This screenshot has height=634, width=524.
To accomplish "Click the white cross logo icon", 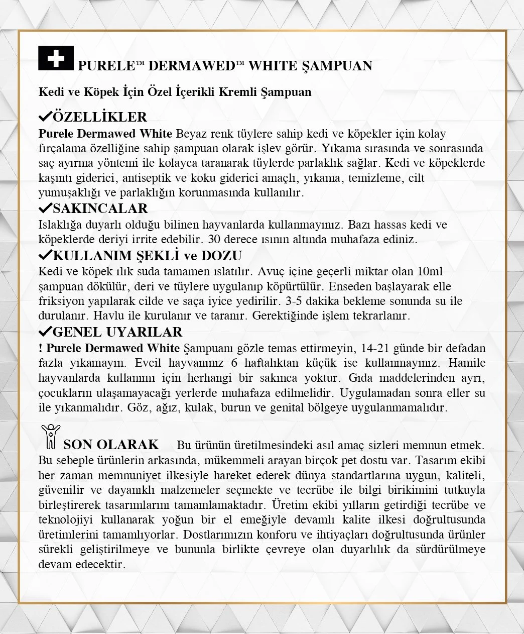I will coord(56,58).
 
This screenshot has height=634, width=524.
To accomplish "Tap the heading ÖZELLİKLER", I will coord(99,117).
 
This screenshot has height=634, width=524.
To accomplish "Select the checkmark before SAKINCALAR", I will coord(45,208).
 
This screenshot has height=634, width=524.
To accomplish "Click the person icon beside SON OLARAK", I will coord(50,436).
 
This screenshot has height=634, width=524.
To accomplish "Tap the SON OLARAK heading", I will coord(111,445).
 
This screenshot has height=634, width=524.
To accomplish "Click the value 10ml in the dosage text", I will coord(430,272).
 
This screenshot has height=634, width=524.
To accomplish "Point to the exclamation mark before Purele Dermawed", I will coord(40,348).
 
